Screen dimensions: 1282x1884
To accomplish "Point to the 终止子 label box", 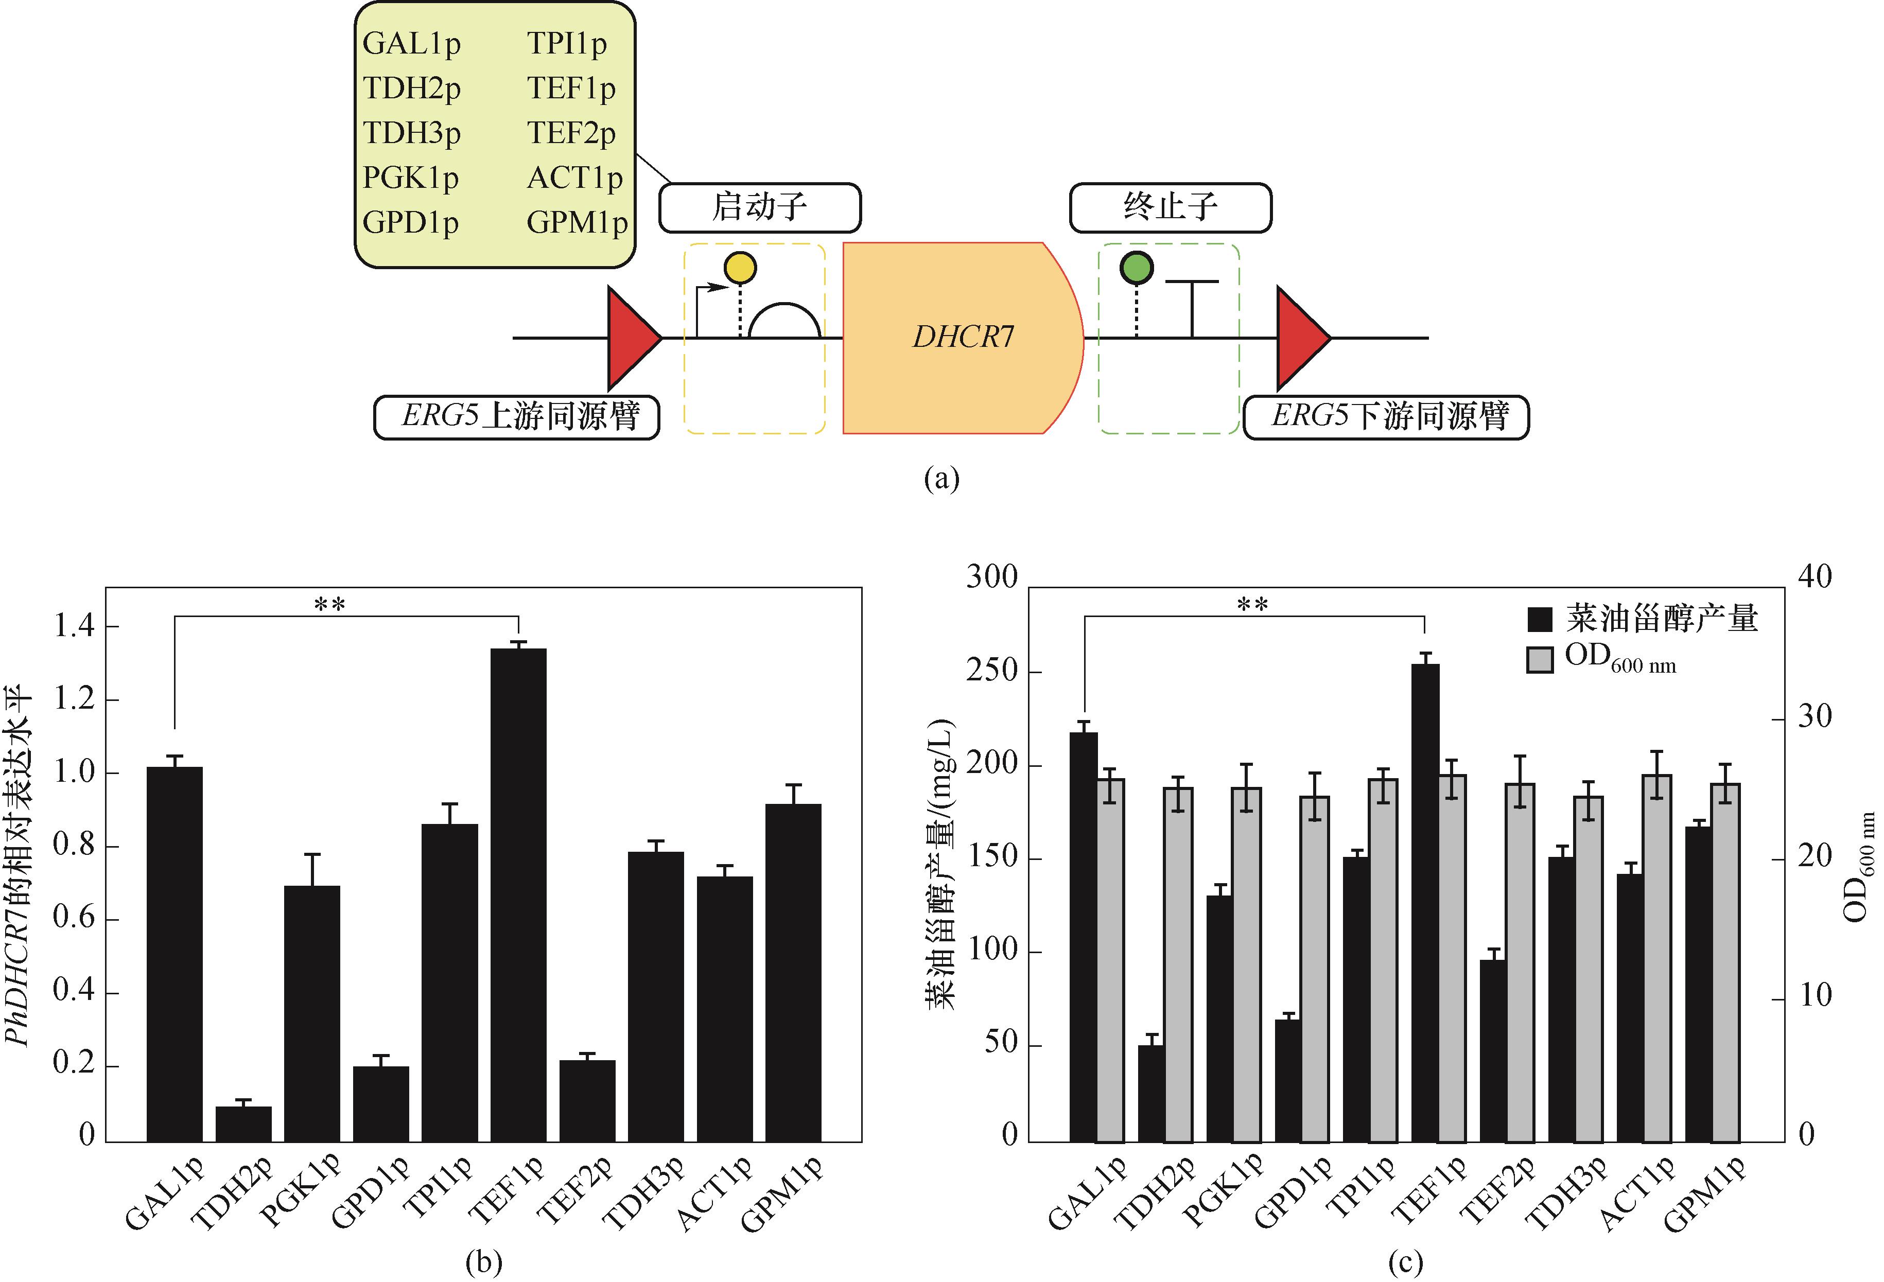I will [1170, 207].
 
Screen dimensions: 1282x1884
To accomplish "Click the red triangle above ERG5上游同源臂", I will [632, 337].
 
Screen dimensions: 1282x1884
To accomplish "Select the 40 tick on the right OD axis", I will [1815, 577].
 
